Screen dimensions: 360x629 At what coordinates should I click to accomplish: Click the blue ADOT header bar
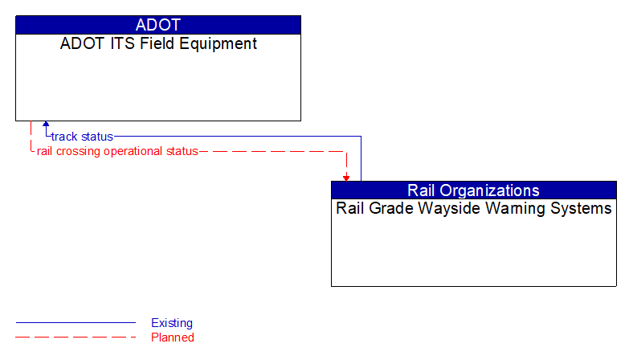(158, 25)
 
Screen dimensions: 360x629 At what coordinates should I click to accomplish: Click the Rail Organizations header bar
(473, 190)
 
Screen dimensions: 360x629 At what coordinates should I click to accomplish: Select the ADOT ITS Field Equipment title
(158, 44)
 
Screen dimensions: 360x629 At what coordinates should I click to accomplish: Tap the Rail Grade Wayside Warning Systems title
(473, 209)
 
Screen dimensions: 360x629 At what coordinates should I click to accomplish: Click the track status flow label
(82, 137)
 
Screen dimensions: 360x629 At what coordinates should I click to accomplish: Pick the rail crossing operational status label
(117, 151)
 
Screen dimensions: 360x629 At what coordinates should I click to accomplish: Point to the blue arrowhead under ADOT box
(46, 125)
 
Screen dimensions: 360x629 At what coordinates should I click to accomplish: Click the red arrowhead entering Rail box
(346, 177)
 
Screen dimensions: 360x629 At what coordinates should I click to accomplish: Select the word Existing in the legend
(172, 323)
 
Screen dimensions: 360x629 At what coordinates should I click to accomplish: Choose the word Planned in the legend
(173, 337)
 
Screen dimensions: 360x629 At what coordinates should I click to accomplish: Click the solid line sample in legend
(76, 323)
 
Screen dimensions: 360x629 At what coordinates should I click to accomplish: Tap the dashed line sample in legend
(76, 337)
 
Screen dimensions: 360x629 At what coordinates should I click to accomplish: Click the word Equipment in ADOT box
(219, 44)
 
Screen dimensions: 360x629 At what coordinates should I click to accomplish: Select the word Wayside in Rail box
(446, 209)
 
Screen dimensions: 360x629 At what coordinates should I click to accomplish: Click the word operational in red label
(136, 151)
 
